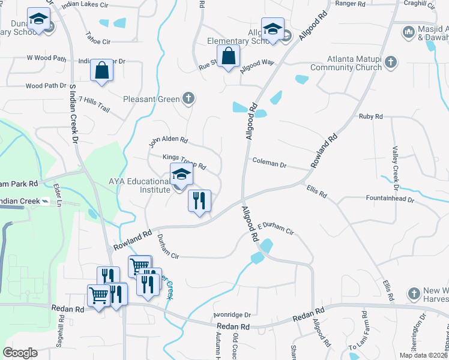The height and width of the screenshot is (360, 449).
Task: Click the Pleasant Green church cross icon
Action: pyautogui.click(x=188, y=98)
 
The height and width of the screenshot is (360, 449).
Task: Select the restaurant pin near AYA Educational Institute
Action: pyautogui.click(x=200, y=201)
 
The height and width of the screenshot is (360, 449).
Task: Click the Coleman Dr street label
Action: pyautogui.click(x=270, y=161)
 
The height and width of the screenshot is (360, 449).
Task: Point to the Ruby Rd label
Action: pyautogui.click(x=370, y=116)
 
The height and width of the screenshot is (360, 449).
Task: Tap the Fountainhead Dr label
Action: pyautogui.click(x=390, y=197)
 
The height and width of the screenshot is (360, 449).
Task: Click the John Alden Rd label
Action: pyautogui.click(x=169, y=142)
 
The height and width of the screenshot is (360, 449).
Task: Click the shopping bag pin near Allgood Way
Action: pyautogui.click(x=229, y=57)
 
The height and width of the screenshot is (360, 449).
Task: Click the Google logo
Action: pyautogui.click(x=20, y=353)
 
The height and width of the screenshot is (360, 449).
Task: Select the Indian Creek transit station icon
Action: pyautogui.click(x=44, y=201)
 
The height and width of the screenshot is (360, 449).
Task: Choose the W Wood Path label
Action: pyautogui.click(x=46, y=58)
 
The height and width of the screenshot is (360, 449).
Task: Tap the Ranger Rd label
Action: pyautogui.click(x=351, y=3)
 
